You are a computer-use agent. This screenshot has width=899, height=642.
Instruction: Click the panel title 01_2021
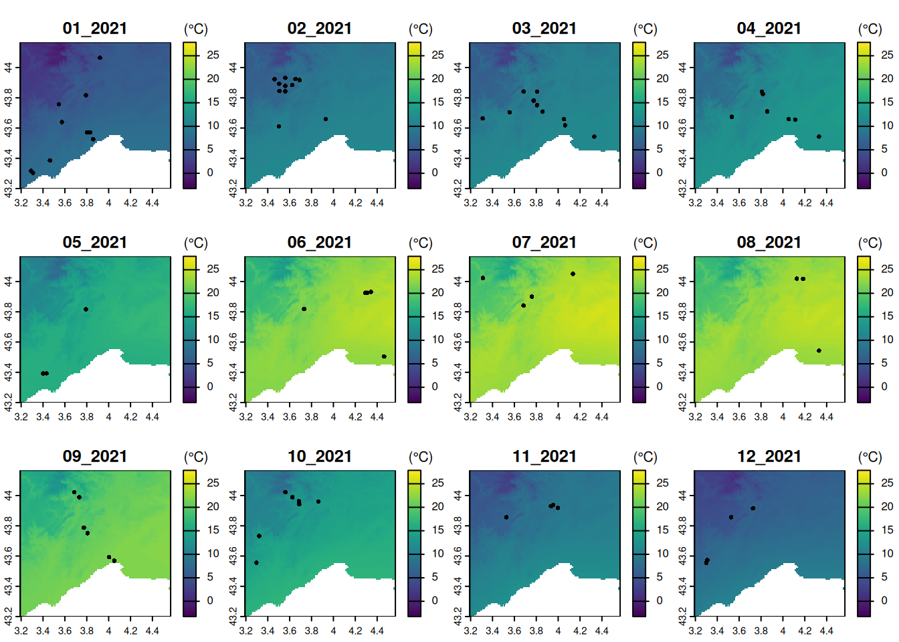pos(94,28)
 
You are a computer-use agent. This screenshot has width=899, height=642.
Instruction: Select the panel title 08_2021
pos(769,242)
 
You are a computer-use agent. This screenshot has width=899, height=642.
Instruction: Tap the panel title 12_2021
pos(769,456)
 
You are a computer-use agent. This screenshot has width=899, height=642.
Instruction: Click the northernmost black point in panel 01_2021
pos(100,58)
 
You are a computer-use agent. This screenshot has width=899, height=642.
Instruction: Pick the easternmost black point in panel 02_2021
pos(326,119)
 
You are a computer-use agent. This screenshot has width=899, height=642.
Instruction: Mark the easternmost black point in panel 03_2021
pos(594,136)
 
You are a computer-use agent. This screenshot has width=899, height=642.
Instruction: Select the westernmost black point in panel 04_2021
pos(732,117)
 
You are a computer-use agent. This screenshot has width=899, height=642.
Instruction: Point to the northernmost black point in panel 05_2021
pos(86,310)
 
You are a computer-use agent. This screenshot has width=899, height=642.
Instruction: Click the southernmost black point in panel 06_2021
pos(384,356)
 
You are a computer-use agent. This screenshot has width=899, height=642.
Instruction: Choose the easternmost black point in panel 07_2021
pos(573,274)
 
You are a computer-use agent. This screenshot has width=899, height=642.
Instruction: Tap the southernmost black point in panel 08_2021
pos(819,350)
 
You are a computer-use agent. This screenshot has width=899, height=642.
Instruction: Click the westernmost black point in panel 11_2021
pos(506,517)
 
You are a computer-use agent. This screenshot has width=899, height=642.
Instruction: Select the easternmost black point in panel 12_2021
pos(753,508)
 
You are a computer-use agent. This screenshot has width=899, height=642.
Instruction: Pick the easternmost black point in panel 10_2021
pos(318,502)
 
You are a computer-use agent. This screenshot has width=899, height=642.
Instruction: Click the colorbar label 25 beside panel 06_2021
pos(437,269)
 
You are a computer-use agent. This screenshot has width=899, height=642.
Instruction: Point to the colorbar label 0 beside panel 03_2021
pos(660,173)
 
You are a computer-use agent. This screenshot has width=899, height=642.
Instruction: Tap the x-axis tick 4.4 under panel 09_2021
pos(153,631)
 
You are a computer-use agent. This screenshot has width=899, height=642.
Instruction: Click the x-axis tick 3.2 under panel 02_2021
pos(246,203)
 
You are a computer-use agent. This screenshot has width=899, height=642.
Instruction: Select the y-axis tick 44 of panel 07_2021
pos(458,282)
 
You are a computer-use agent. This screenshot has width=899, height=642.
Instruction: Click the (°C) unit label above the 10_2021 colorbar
pos(421,457)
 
